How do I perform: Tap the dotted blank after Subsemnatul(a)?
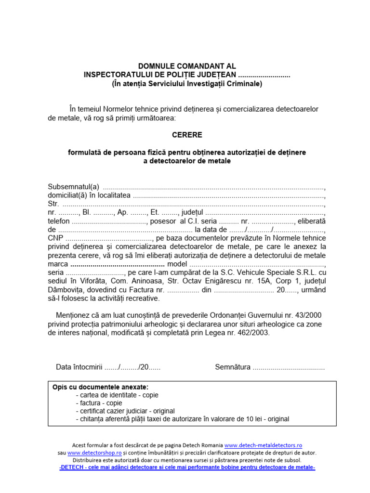214,187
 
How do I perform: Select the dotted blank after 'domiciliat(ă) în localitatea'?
228,195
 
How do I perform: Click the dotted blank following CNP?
109,238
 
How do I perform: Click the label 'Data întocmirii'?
79,367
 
